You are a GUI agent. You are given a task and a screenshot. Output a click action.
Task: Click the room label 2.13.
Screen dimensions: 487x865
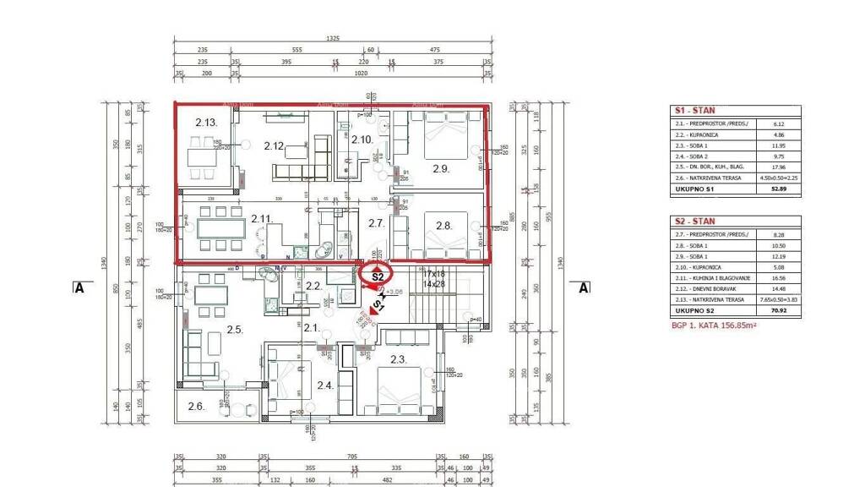tap(207, 123)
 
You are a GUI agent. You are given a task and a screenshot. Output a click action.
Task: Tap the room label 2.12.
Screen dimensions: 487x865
tap(273, 145)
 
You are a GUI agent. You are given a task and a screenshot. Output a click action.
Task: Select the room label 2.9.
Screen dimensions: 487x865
tap(440, 168)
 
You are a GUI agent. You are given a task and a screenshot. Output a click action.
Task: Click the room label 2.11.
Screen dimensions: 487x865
tap(260, 219)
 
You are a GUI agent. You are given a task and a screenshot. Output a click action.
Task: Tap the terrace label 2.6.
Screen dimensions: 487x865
tap(196, 406)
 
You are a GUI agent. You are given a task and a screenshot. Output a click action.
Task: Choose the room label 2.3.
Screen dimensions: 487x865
tap(399, 360)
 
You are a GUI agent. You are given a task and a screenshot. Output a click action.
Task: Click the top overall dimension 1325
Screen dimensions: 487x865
tap(332, 39)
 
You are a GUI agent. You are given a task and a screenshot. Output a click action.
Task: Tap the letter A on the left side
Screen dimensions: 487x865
tap(79, 287)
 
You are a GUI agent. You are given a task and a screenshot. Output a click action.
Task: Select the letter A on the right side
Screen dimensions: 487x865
tap(582, 287)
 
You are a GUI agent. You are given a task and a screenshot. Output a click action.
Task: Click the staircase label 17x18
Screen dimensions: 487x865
tap(432, 275)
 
